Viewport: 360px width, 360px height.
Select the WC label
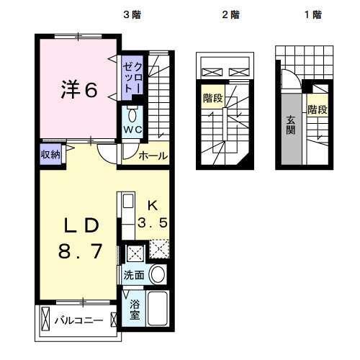(x=132, y=130)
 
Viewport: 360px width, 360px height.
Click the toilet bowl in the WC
(x=132, y=114)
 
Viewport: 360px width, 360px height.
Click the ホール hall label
(x=153, y=156)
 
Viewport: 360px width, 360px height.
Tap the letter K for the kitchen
(x=153, y=204)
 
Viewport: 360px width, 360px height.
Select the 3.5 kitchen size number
(x=154, y=222)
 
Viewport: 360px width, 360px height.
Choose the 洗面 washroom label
(x=133, y=275)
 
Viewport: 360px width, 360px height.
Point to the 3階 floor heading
(x=131, y=14)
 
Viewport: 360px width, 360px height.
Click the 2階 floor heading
(x=230, y=14)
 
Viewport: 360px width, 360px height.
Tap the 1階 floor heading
(x=312, y=14)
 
